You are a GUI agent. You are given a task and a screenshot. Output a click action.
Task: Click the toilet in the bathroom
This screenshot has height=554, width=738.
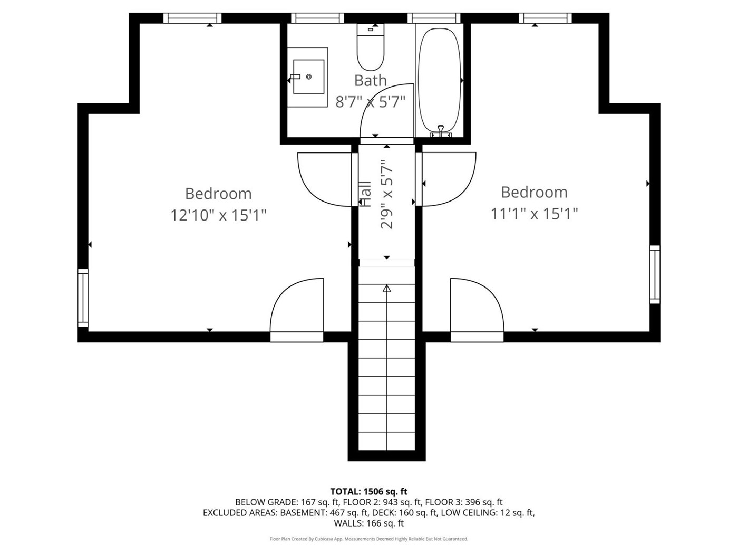pos(370,47)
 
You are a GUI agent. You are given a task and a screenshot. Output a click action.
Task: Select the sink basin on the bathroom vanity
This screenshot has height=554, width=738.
pos(308,77)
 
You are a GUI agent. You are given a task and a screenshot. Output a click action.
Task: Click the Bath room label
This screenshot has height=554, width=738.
pos(371,80)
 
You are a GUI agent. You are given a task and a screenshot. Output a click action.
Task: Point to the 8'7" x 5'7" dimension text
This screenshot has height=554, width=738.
pos(370,102)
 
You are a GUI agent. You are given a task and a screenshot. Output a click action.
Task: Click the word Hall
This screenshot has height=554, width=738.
pos(365,194)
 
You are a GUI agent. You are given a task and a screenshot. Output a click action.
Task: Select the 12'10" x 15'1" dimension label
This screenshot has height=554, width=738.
pos(219,215)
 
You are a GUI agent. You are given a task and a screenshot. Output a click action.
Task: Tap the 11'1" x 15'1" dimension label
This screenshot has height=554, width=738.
pos(534,214)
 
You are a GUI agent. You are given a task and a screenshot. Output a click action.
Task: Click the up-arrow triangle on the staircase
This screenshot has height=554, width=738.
pos(386,288)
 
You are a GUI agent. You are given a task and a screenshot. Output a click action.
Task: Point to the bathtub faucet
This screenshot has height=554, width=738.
pos(441,131)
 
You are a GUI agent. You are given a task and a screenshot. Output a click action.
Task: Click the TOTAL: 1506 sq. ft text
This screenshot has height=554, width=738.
pos(369,491)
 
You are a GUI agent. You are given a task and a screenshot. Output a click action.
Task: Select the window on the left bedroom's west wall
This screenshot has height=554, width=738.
pos(83,298)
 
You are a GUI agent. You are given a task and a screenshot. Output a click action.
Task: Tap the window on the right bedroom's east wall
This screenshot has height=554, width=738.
pos(655,274)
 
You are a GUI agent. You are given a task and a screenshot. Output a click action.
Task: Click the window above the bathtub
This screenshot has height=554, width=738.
pos(434,18)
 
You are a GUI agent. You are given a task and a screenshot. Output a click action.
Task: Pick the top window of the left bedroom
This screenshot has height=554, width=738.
pos(192,18)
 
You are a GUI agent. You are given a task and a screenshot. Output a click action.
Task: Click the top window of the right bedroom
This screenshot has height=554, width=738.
pos(545,18)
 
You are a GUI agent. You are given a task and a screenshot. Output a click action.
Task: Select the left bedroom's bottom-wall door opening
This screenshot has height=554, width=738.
pos(297,337)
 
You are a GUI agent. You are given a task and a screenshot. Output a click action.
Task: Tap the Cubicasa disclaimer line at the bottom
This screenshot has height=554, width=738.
pos(369,539)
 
